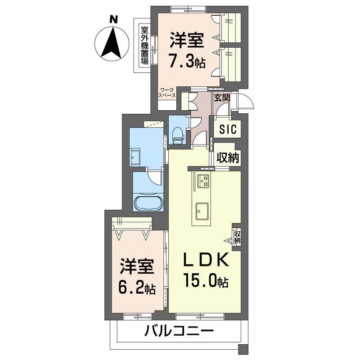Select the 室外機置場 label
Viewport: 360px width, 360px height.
(145, 45)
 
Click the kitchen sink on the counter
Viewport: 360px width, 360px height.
(202, 210)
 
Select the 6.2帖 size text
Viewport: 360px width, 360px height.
(137, 288)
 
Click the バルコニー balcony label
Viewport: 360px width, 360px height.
(179, 333)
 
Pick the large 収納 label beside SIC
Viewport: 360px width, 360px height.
(228, 157)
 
